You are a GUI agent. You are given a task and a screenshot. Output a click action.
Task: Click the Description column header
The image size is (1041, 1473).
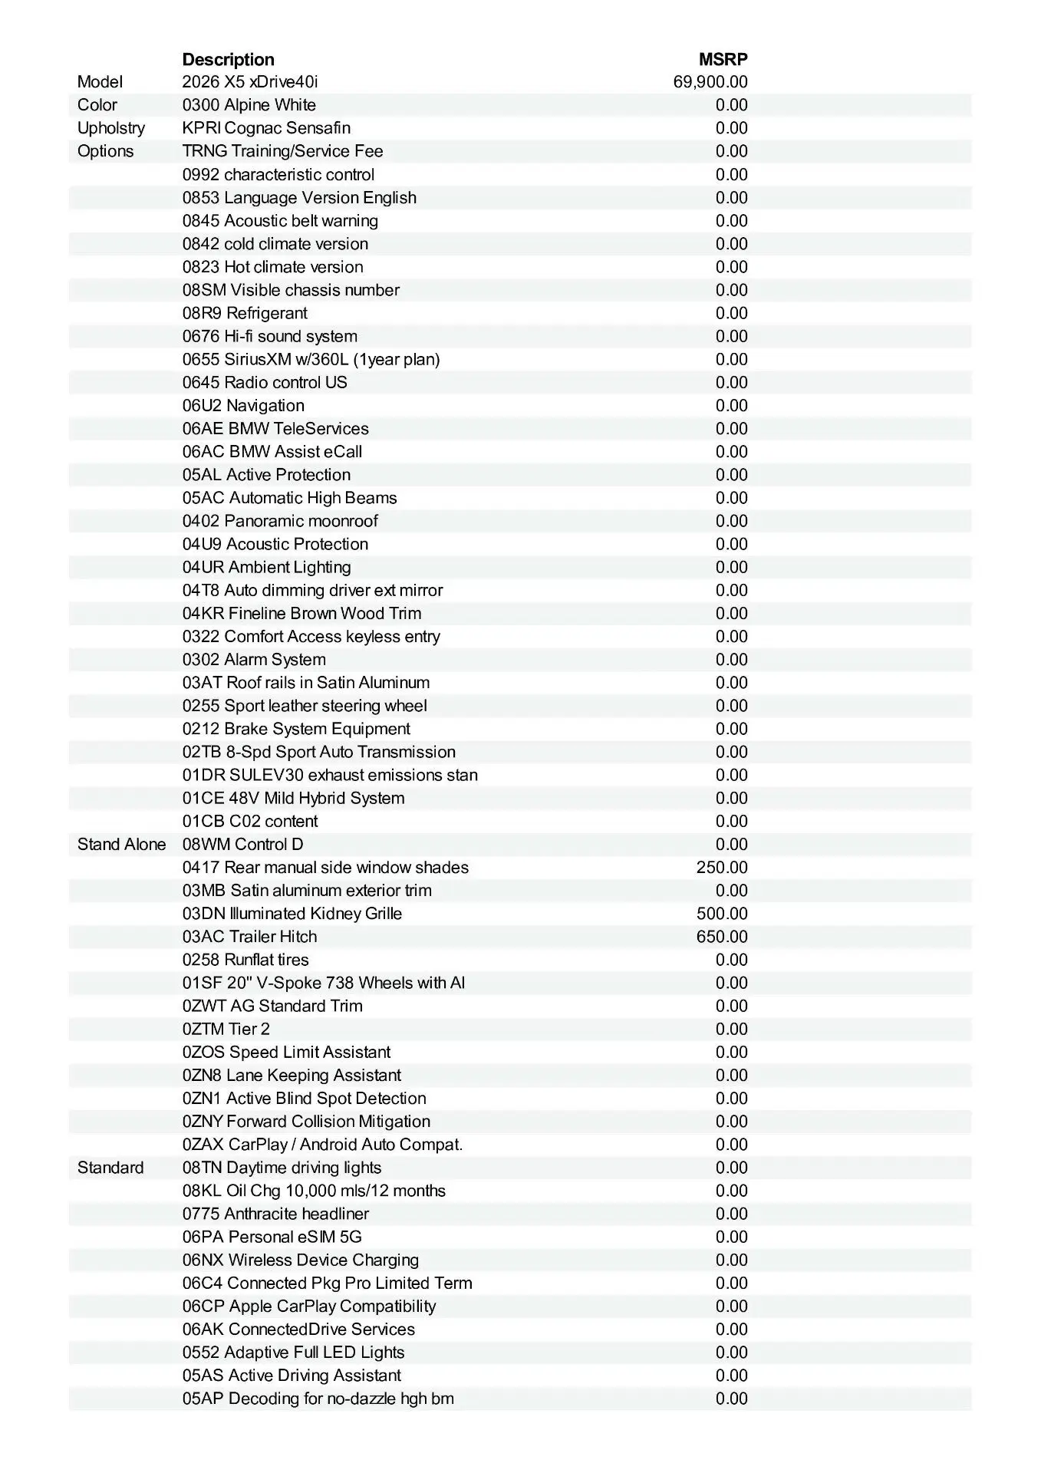point(228,60)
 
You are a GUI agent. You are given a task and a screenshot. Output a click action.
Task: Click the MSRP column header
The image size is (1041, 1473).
point(723,60)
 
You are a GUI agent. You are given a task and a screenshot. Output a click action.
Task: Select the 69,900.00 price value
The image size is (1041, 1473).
point(710,82)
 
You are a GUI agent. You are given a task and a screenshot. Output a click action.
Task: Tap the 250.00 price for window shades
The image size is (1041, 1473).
point(721,868)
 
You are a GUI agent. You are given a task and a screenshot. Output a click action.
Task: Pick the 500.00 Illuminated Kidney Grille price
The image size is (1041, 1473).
point(721,914)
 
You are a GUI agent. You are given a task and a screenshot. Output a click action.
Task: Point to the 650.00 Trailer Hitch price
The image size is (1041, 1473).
point(721,937)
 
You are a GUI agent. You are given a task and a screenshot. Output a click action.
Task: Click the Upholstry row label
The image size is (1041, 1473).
point(110,128)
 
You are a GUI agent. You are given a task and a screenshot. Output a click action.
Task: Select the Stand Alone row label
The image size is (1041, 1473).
point(121,845)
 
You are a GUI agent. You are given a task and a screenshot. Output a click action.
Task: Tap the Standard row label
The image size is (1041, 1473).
point(110,1168)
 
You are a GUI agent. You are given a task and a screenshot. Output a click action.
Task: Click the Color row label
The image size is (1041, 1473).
point(97,105)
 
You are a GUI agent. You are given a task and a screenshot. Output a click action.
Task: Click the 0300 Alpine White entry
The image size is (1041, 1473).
point(249,105)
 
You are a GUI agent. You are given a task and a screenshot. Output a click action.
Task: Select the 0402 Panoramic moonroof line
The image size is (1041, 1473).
point(280,521)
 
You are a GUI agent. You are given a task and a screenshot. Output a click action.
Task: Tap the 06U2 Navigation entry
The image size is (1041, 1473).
point(243,406)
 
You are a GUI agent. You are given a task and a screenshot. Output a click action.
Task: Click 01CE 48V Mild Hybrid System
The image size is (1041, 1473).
point(293,798)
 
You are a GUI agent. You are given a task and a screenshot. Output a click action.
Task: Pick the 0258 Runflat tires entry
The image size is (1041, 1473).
point(245,960)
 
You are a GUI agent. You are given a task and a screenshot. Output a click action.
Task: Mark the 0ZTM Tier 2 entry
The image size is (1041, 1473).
point(226,1029)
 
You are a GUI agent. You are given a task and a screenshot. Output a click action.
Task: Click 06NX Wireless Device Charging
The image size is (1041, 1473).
point(301,1260)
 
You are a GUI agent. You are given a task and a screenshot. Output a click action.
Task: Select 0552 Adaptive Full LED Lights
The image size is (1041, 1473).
point(293,1352)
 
